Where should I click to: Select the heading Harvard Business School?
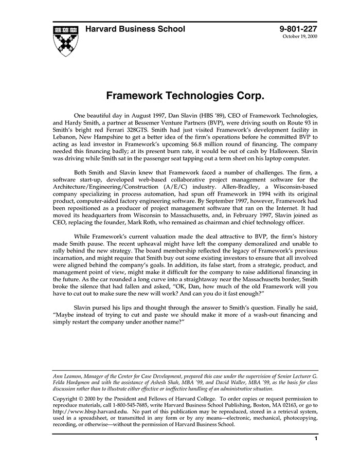tap(135, 29)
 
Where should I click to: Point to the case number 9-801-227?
tap(298, 29)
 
